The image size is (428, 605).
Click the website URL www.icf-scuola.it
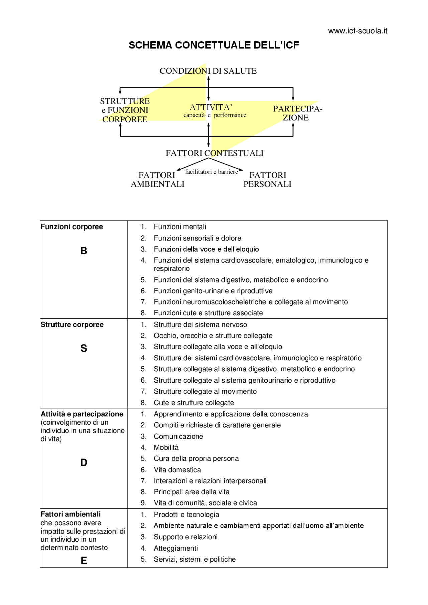point(357,31)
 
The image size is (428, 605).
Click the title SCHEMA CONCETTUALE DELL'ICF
point(214,45)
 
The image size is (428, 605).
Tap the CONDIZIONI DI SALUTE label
point(208,71)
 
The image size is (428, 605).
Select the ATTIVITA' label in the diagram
point(211,107)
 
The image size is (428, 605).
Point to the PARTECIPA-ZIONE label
point(297,113)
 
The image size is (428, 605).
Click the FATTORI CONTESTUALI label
point(214,153)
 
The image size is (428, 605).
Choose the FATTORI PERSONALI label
point(267,180)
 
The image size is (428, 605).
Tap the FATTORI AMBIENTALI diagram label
point(157,180)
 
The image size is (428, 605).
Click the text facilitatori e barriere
point(211,172)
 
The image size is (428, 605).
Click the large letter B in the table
point(84,251)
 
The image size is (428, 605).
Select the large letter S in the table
point(84,348)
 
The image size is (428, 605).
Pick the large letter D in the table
point(84,462)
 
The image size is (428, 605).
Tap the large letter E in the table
point(84,560)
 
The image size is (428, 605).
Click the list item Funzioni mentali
point(180,227)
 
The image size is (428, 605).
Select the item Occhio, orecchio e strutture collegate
point(213,336)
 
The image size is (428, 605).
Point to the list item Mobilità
point(166,447)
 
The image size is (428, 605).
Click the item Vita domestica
point(177,470)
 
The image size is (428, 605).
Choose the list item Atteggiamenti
point(176,548)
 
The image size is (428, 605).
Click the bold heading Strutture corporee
point(72,325)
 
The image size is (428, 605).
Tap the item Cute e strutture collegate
point(194,403)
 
